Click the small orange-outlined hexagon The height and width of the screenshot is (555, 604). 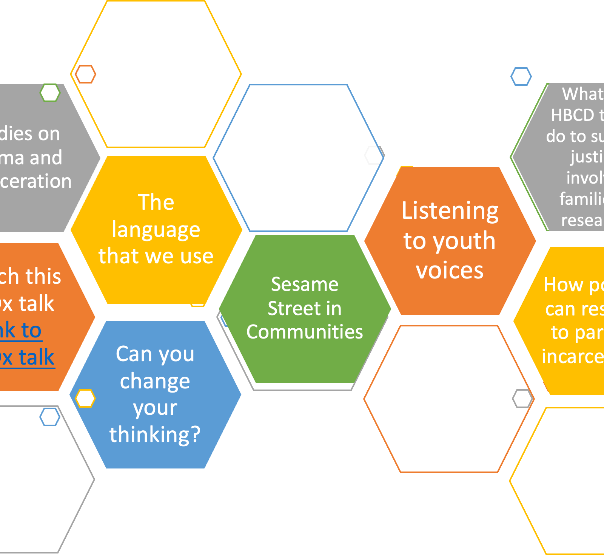(x=85, y=74)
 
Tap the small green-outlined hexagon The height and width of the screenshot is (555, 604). (x=50, y=93)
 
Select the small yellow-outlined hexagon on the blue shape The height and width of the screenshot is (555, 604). (x=85, y=398)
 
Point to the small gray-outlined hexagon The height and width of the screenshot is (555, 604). (x=522, y=398)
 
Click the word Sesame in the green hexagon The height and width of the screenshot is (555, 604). (x=305, y=284)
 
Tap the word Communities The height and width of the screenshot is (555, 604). (x=305, y=332)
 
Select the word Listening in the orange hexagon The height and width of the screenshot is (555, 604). (x=450, y=210)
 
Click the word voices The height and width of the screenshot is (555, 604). (x=450, y=271)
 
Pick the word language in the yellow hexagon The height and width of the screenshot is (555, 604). (x=156, y=229)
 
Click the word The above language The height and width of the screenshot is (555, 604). (x=156, y=202)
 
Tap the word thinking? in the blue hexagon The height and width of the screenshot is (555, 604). (x=155, y=434)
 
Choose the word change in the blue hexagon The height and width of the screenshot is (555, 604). (x=155, y=381)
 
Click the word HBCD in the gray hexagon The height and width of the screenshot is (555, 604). (x=572, y=115)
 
